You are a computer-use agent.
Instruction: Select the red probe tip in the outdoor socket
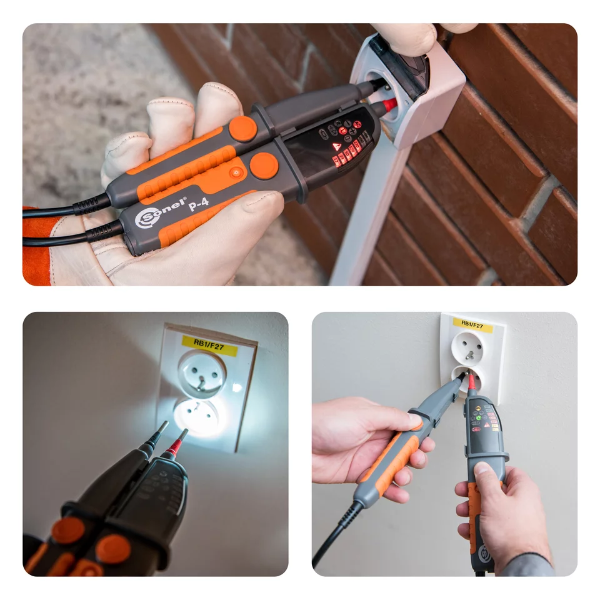tap(389, 104)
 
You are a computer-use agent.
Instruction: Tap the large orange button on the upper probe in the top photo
tap(242, 128)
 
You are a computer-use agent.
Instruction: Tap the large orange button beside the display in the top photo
tap(264, 166)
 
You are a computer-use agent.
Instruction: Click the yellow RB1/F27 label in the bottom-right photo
tap(472, 324)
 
